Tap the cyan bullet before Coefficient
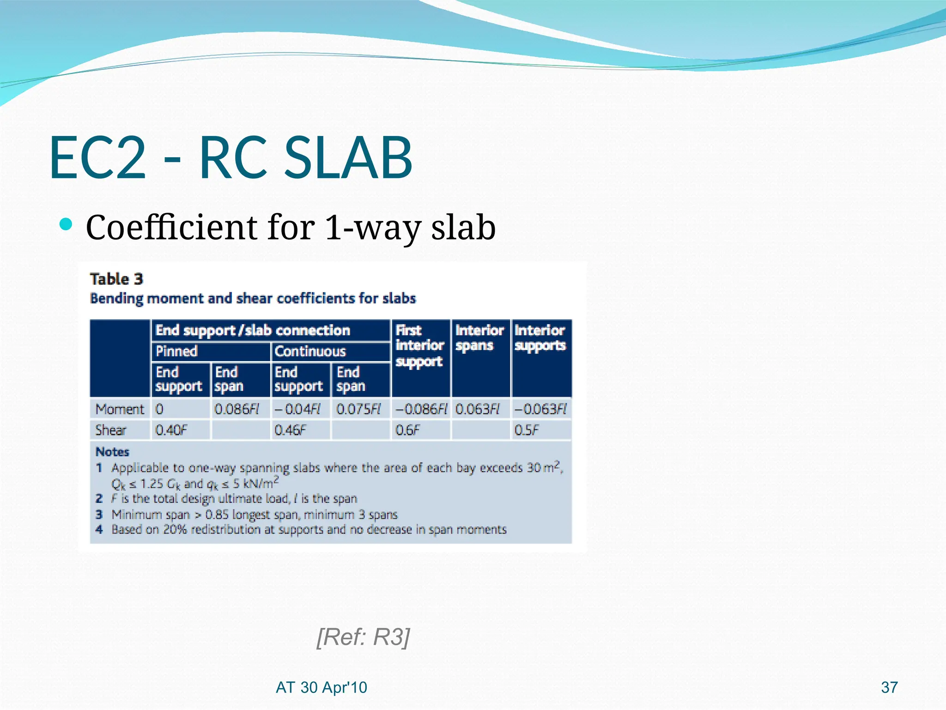[x=67, y=225]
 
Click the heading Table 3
[x=116, y=279]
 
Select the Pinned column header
[x=176, y=351]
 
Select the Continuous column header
[x=310, y=351]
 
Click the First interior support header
[x=419, y=346]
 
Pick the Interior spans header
[x=479, y=338]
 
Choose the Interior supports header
[x=540, y=338]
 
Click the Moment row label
[x=120, y=409]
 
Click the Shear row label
[x=110, y=430]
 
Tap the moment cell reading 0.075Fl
[x=358, y=409]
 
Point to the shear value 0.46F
[x=290, y=430]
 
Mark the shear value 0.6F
[x=407, y=430]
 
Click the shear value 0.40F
[x=171, y=430]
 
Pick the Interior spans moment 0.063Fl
[x=478, y=409]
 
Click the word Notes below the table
[x=112, y=452]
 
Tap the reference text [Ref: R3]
[x=363, y=637]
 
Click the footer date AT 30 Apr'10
[x=321, y=687]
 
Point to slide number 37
[x=889, y=687]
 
